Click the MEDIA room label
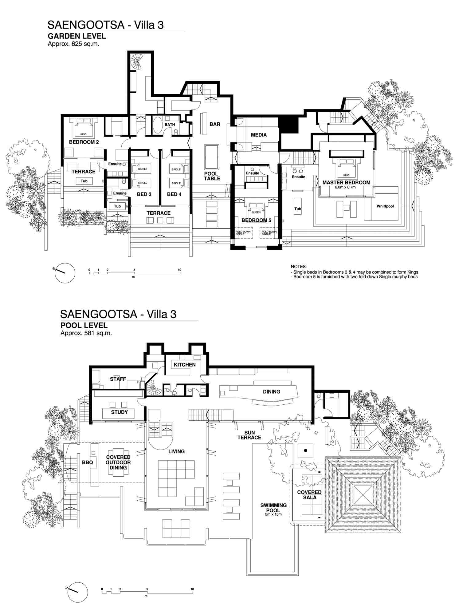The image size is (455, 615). [x=259, y=135]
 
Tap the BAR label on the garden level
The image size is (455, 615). [x=215, y=124]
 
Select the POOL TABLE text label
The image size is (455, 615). [x=212, y=176]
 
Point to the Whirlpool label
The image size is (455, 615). [x=385, y=206]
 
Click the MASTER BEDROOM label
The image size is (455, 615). [x=346, y=182]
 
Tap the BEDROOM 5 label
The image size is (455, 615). [x=256, y=220]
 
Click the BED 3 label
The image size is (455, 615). [x=144, y=194]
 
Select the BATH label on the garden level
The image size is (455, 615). [x=170, y=125]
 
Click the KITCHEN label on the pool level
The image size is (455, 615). [x=185, y=365]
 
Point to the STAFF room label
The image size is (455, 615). [x=118, y=379]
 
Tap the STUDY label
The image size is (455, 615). [x=119, y=412]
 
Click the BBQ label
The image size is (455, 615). [x=87, y=462]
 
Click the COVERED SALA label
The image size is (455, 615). [x=309, y=495]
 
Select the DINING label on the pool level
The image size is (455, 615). [x=271, y=392]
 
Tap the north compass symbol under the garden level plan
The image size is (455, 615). [x=65, y=273]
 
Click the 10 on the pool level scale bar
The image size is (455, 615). [x=192, y=589]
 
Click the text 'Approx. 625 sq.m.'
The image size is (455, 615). [x=73, y=44]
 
